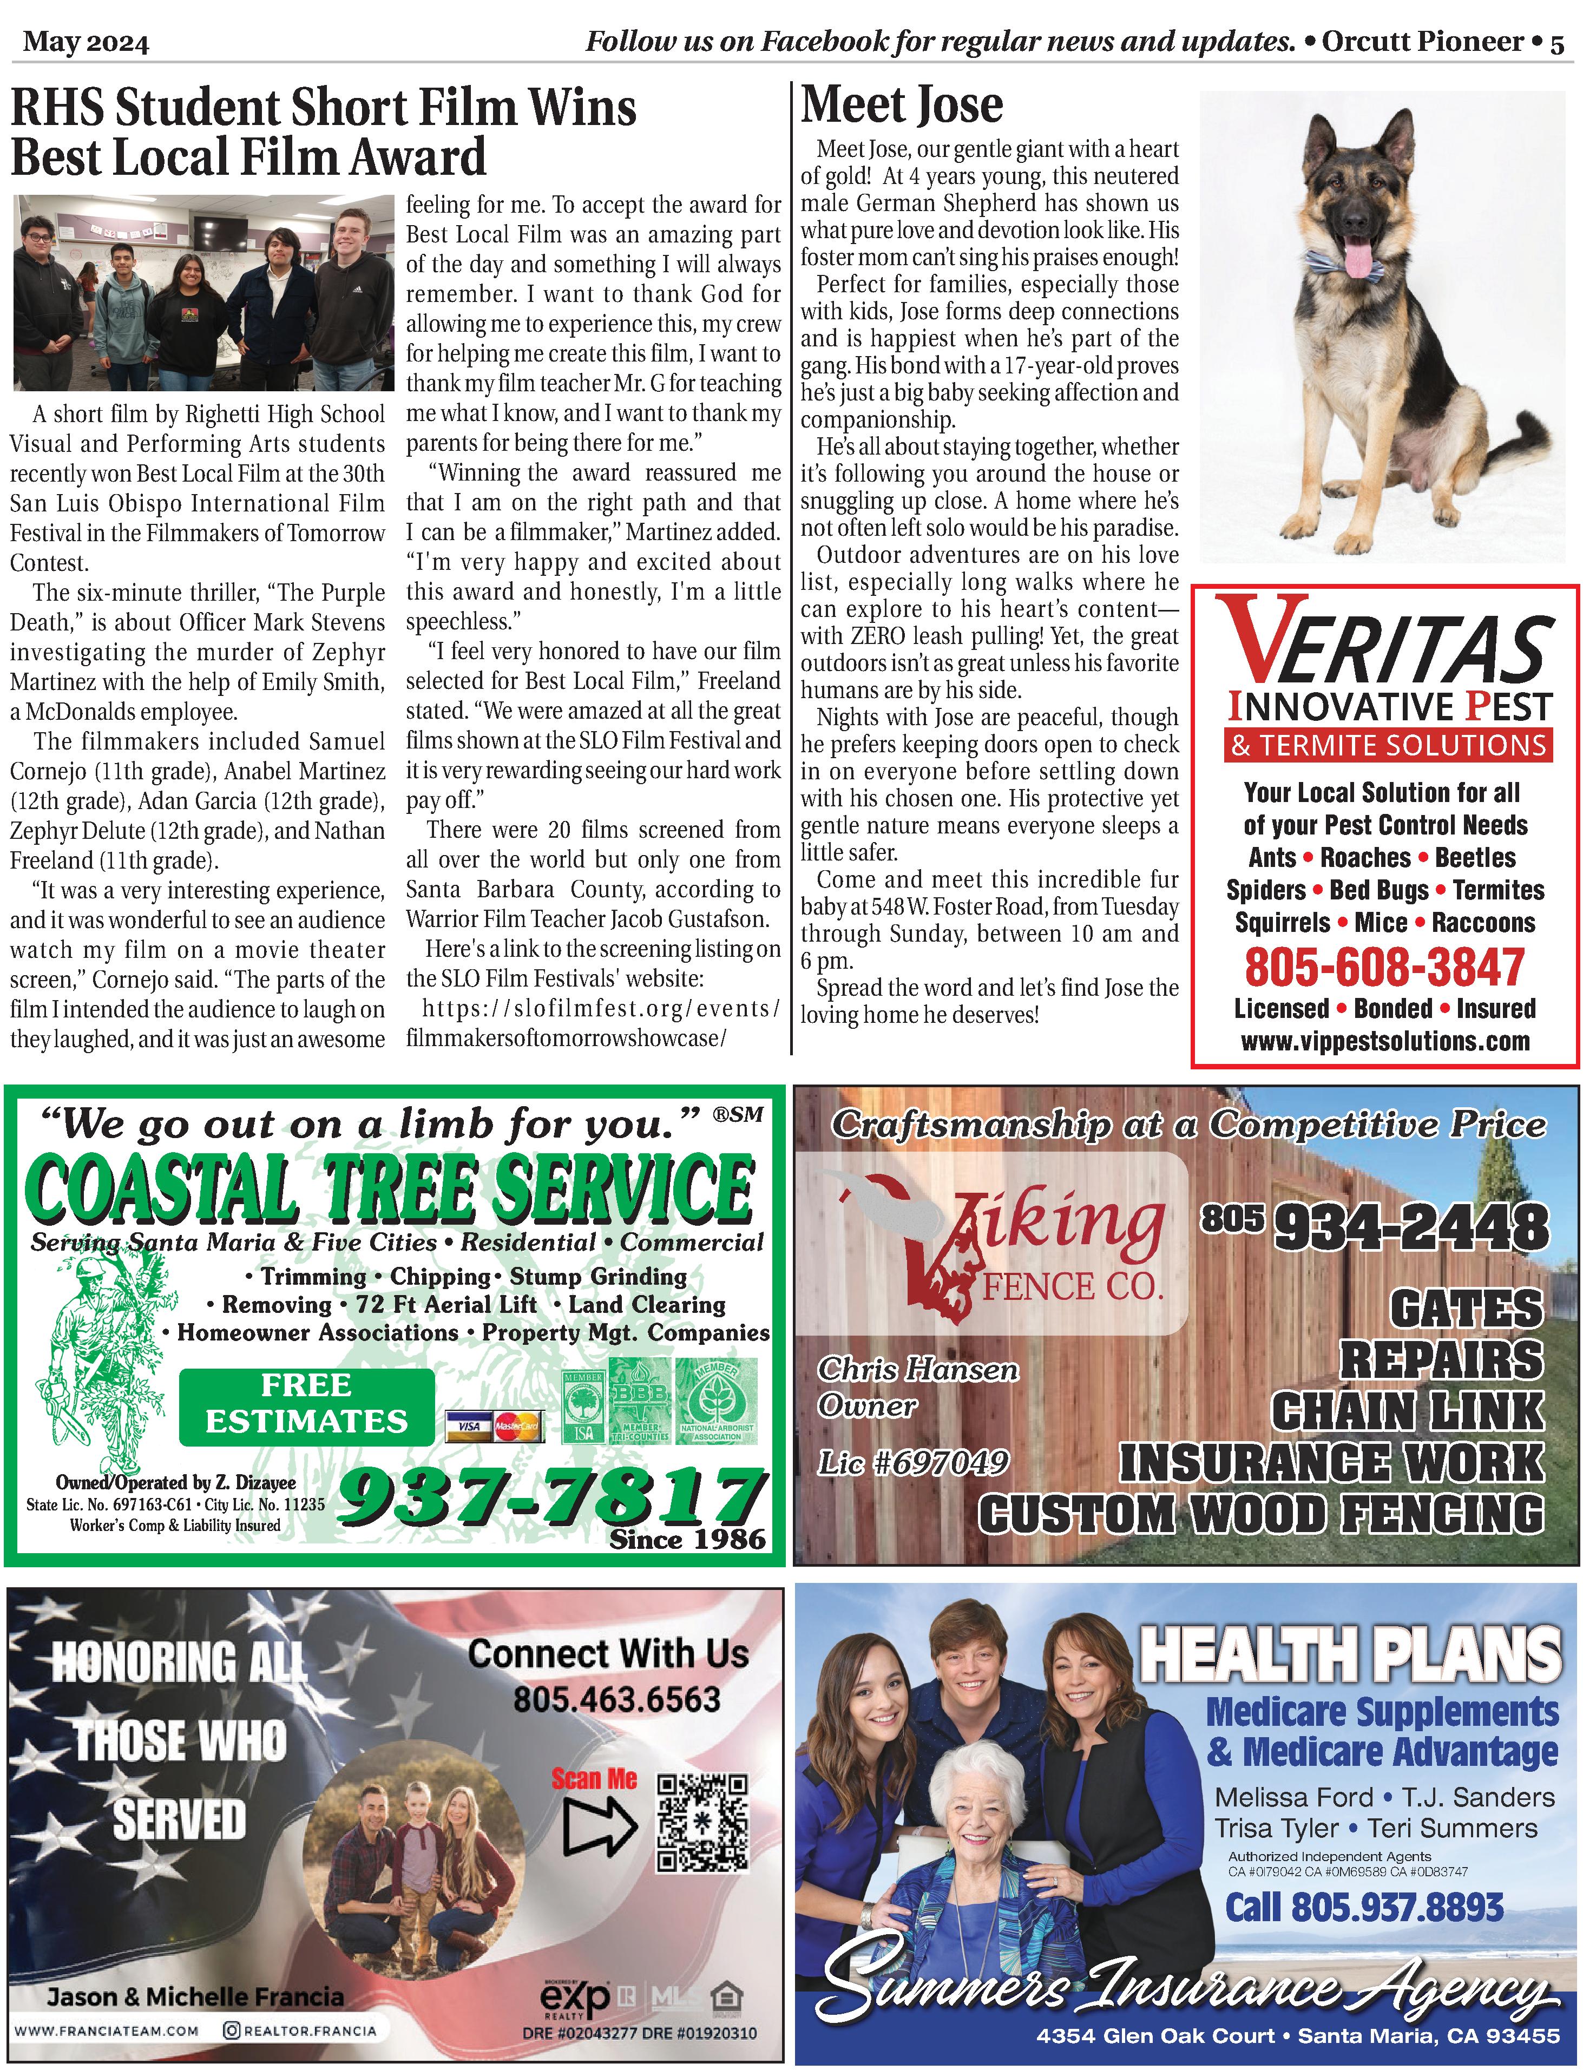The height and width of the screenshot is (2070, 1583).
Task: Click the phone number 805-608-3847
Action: pyautogui.click(x=1384, y=966)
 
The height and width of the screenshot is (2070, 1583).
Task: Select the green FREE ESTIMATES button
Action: pyautogui.click(x=306, y=1403)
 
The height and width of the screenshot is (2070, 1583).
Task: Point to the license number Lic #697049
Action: pyautogui.click(x=913, y=1462)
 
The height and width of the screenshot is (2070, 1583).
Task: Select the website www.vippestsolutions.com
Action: pyautogui.click(x=1385, y=1041)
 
